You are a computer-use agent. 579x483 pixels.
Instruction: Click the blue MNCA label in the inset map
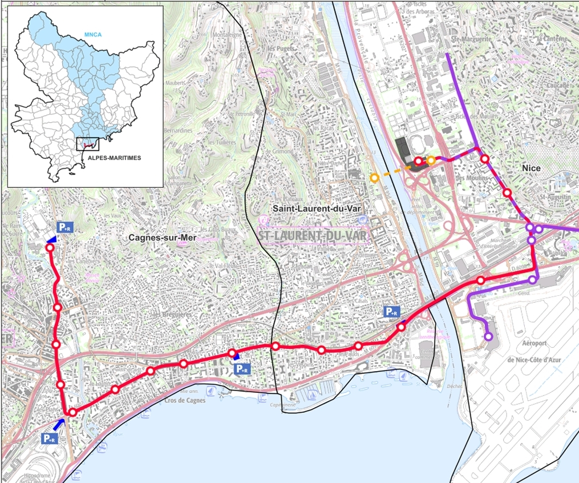pyautogui.click(x=92, y=34)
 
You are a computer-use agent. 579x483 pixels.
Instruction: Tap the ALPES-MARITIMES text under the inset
pyautogui.click(x=111, y=156)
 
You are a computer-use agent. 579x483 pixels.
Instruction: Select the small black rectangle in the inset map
pyautogui.click(x=87, y=144)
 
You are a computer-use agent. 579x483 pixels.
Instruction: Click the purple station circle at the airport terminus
pyautogui.click(x=488, y=337)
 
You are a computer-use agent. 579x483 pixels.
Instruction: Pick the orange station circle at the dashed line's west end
pyautogui.click(x=374, y=178)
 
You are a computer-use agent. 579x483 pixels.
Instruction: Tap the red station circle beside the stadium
pyautogui.click(x=418, y=162)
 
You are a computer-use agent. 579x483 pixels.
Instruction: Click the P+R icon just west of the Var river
pyautogui.click(x=391, y=311)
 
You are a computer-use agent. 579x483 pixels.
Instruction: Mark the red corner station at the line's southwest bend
pyautogui.click(x=72, y=412)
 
